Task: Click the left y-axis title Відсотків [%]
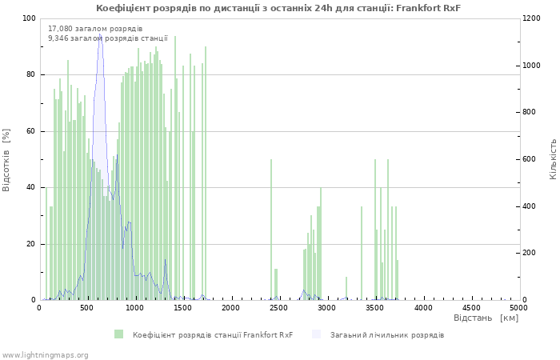point(7,159)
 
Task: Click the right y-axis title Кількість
point(553,158)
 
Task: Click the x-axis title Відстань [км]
point(486,318)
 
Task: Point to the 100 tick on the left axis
point(29,18)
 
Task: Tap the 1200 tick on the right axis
point(534,18)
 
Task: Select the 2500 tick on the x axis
point(279,307)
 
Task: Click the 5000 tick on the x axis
point(518,307)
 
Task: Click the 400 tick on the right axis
point(531,206)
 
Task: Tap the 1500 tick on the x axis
point(183,307)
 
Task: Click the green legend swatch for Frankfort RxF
point(119,334)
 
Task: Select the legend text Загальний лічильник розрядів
point(387,334)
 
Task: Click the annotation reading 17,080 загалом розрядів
point(95,29)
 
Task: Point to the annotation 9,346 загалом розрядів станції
point(108,38)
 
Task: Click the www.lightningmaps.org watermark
point(45,354)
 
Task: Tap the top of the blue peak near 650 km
point(100,34)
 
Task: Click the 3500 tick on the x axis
point(375,307)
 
